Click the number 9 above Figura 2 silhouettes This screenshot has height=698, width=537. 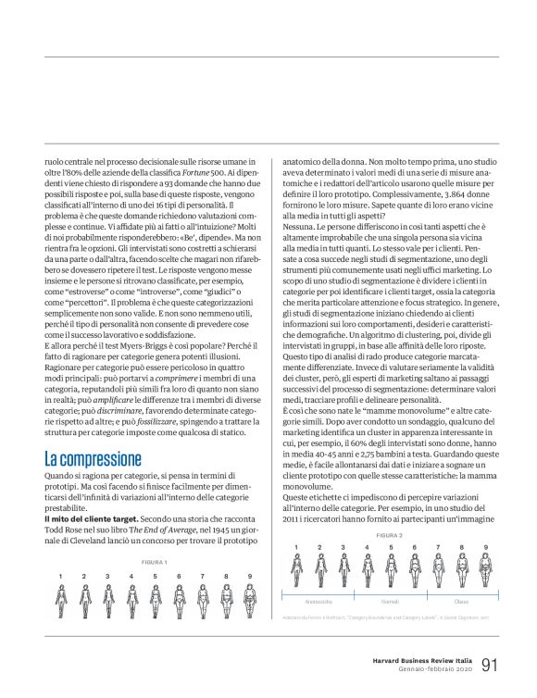(x=486, y=548)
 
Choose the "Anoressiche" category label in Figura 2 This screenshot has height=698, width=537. (x=318, y=601)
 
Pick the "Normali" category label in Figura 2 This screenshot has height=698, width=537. (x=390, y=601)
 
